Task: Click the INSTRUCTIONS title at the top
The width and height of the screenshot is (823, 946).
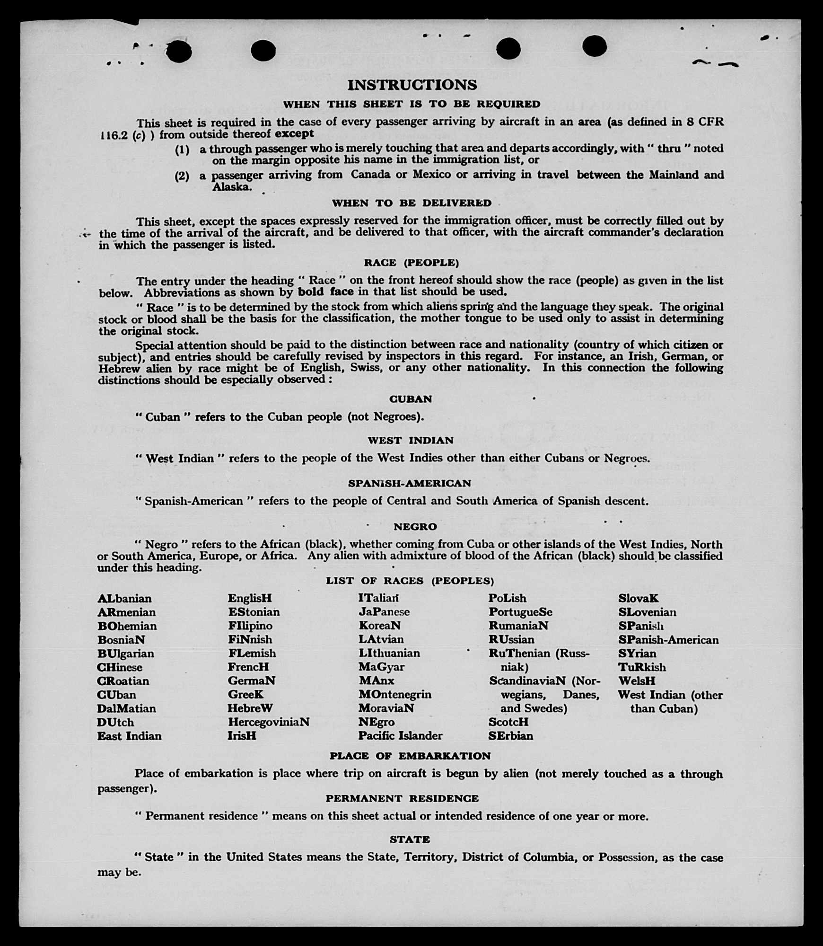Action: (412, 85)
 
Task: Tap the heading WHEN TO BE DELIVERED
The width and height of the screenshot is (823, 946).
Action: (411, 203)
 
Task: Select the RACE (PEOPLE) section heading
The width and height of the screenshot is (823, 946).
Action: (411, 263)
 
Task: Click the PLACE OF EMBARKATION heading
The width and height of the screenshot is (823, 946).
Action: (410, 756)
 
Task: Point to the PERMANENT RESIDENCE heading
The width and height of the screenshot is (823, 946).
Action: (402, 798)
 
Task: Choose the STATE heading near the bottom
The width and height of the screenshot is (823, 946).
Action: (410, 840)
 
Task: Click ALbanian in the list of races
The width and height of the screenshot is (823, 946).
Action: (124, 599)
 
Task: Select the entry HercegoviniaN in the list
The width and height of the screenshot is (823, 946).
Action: (268, 722)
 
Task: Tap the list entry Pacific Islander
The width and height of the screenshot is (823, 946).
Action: (400, 736)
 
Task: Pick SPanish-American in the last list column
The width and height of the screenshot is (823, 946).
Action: (668, 640)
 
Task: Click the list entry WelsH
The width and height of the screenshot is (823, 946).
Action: (637, 681)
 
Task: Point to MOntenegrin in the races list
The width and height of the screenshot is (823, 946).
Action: (394, 695)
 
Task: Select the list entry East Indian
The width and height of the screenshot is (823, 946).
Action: (129, 736)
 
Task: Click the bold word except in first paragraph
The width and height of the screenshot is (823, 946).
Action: (294, 133)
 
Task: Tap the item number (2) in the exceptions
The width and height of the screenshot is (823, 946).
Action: (182, 177)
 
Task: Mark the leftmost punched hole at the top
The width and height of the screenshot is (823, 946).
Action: (179, 51)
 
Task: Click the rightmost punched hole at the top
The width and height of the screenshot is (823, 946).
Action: (595, 46)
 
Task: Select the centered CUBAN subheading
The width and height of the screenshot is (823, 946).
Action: (411, 399)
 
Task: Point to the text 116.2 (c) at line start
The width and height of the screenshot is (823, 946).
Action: (126, 135)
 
